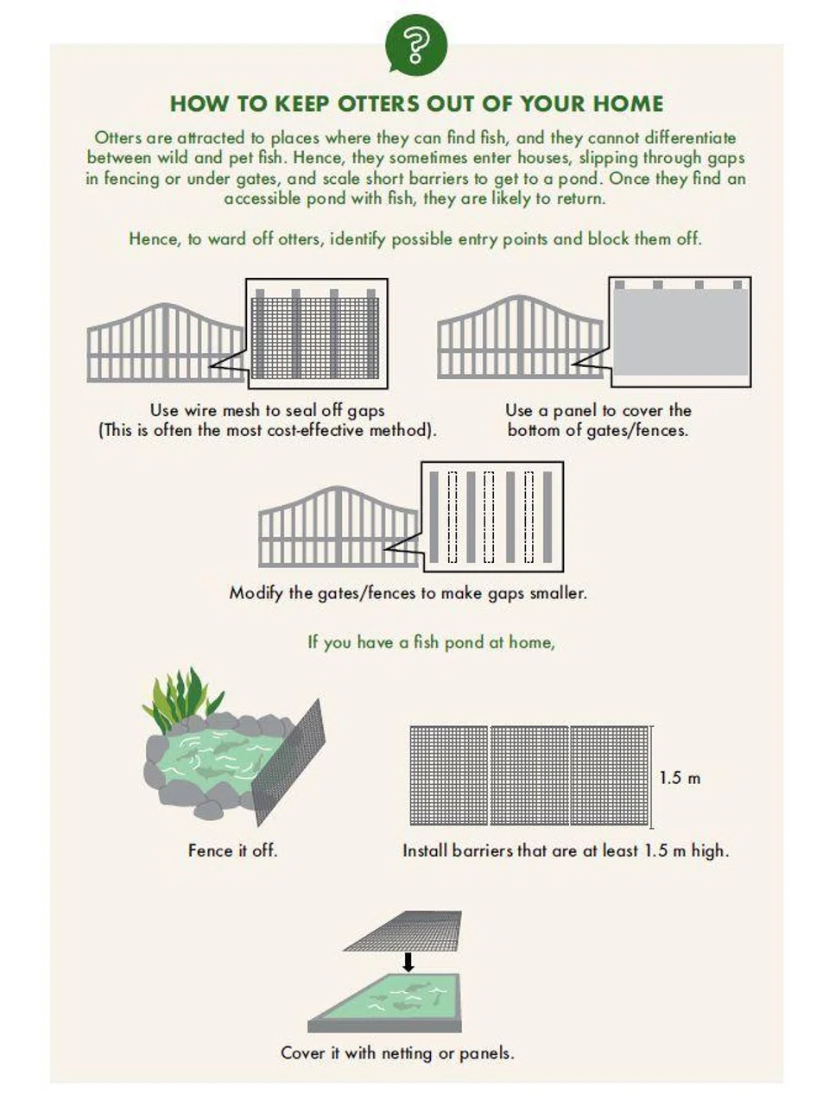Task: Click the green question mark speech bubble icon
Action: pos(415,46)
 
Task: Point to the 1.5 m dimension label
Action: pos(679,777)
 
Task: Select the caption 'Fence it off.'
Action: pos(232,850)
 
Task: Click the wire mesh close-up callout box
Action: pos(316,333)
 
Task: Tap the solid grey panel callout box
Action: pos(680,332)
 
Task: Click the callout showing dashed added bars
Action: pos(492,516)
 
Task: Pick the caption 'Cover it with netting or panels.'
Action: pos(397,1053)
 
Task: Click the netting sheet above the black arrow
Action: pos(402,931)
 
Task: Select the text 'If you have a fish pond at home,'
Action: pos(431,642)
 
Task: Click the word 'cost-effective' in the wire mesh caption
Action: pos(314,430)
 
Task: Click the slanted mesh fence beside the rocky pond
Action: pos(288,762)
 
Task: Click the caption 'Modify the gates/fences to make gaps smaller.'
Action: pos(408,593)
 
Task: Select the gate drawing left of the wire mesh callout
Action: pos(166,343)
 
